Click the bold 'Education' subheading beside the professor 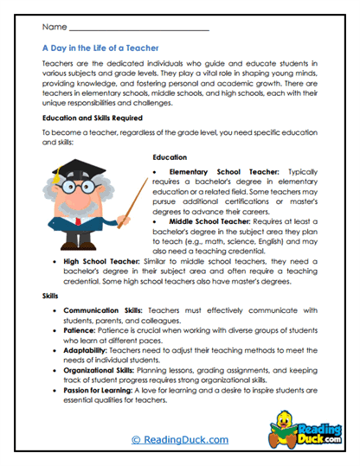(170, 156)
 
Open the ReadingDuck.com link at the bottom (179, 441)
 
